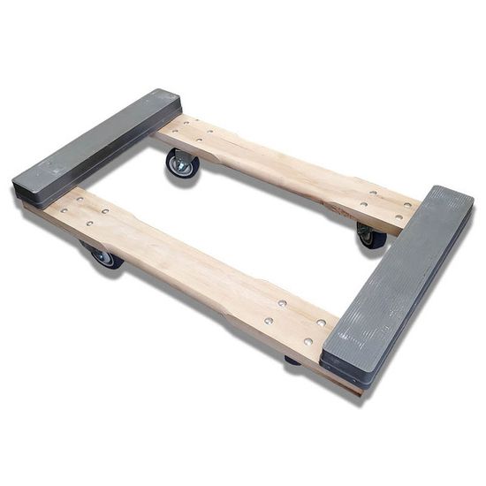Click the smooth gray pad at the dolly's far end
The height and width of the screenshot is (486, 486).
pyautogui.click(x=97, y=146)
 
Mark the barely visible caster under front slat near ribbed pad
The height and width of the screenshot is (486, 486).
pyautogui.click(x=292, y=360)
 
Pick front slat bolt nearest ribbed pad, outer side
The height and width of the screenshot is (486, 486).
pyautogui.click(x=308, y=341)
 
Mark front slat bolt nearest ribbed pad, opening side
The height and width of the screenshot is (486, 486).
pyautogui.click(x=321, y=322)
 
